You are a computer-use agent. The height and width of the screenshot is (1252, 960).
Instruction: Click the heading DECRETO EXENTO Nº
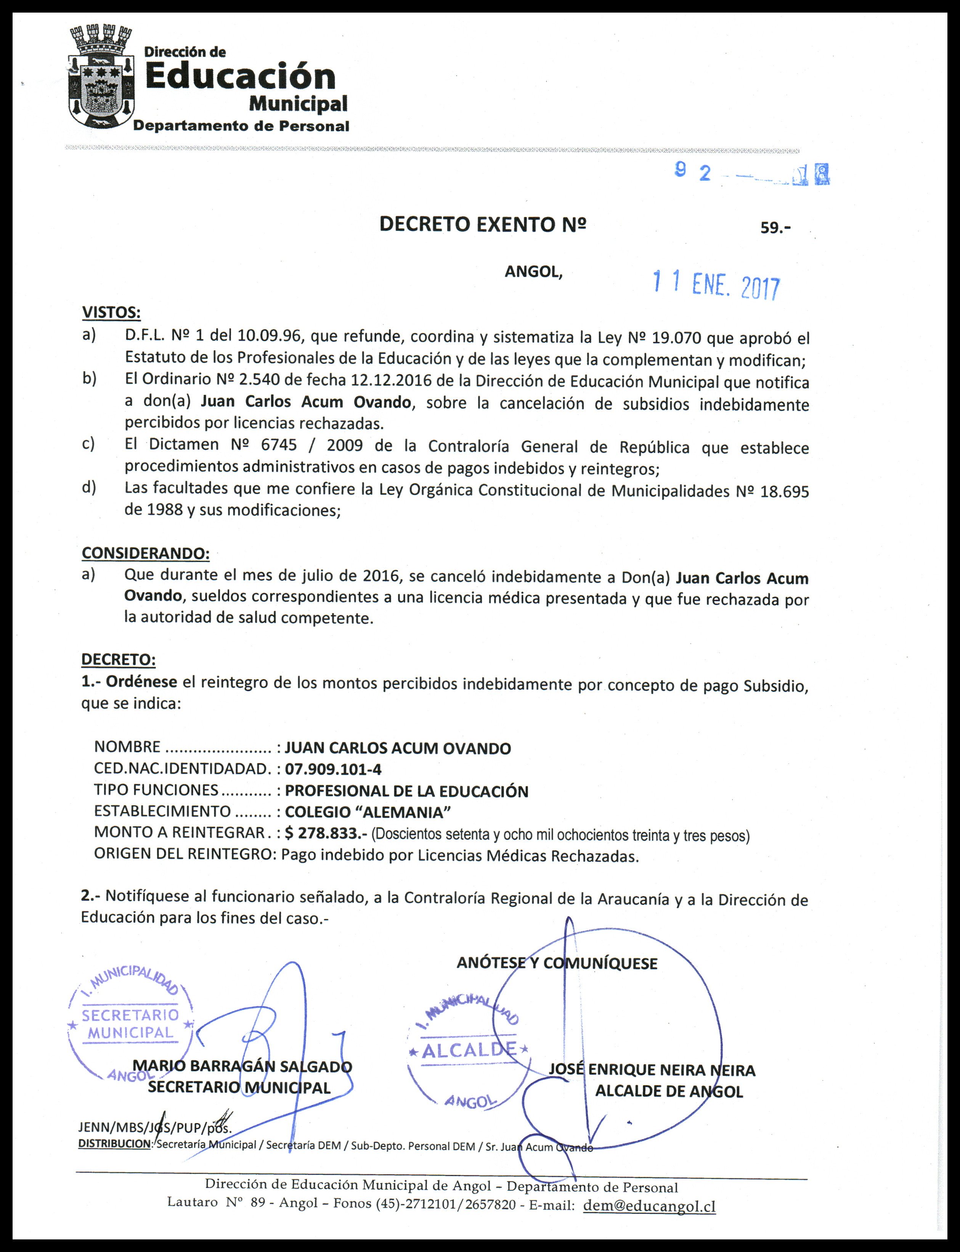(x=483, y=225)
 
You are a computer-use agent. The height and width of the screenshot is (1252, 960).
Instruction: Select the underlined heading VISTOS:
(x=111, y=313)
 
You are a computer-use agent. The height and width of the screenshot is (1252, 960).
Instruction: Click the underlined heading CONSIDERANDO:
(x=145, y=554)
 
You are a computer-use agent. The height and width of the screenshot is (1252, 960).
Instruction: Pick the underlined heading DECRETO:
(x=118, y=659)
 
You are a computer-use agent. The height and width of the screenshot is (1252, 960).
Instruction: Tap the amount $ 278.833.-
(x=326, y=833)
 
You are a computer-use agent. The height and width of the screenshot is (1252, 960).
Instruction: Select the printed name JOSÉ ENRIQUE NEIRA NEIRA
(x=652, y=1070)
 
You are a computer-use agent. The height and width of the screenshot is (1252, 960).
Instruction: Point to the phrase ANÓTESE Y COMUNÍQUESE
(x=557, y=963)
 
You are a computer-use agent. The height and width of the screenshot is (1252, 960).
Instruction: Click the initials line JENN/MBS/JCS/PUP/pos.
(x=155, y=1128)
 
